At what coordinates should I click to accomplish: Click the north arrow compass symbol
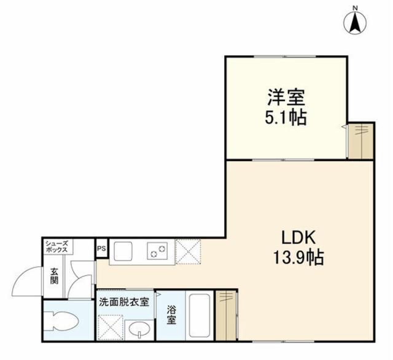[x=355, y=23]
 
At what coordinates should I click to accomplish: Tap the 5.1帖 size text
[x=286, y=117]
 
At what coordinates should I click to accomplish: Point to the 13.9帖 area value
[x=299, y=257]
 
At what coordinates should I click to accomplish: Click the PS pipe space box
[x=101, y=249]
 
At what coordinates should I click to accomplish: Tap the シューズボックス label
[x=58, y=248]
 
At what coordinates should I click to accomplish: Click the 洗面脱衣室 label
[x=124, y=302]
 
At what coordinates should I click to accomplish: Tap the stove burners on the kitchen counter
[x=157, y=251]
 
